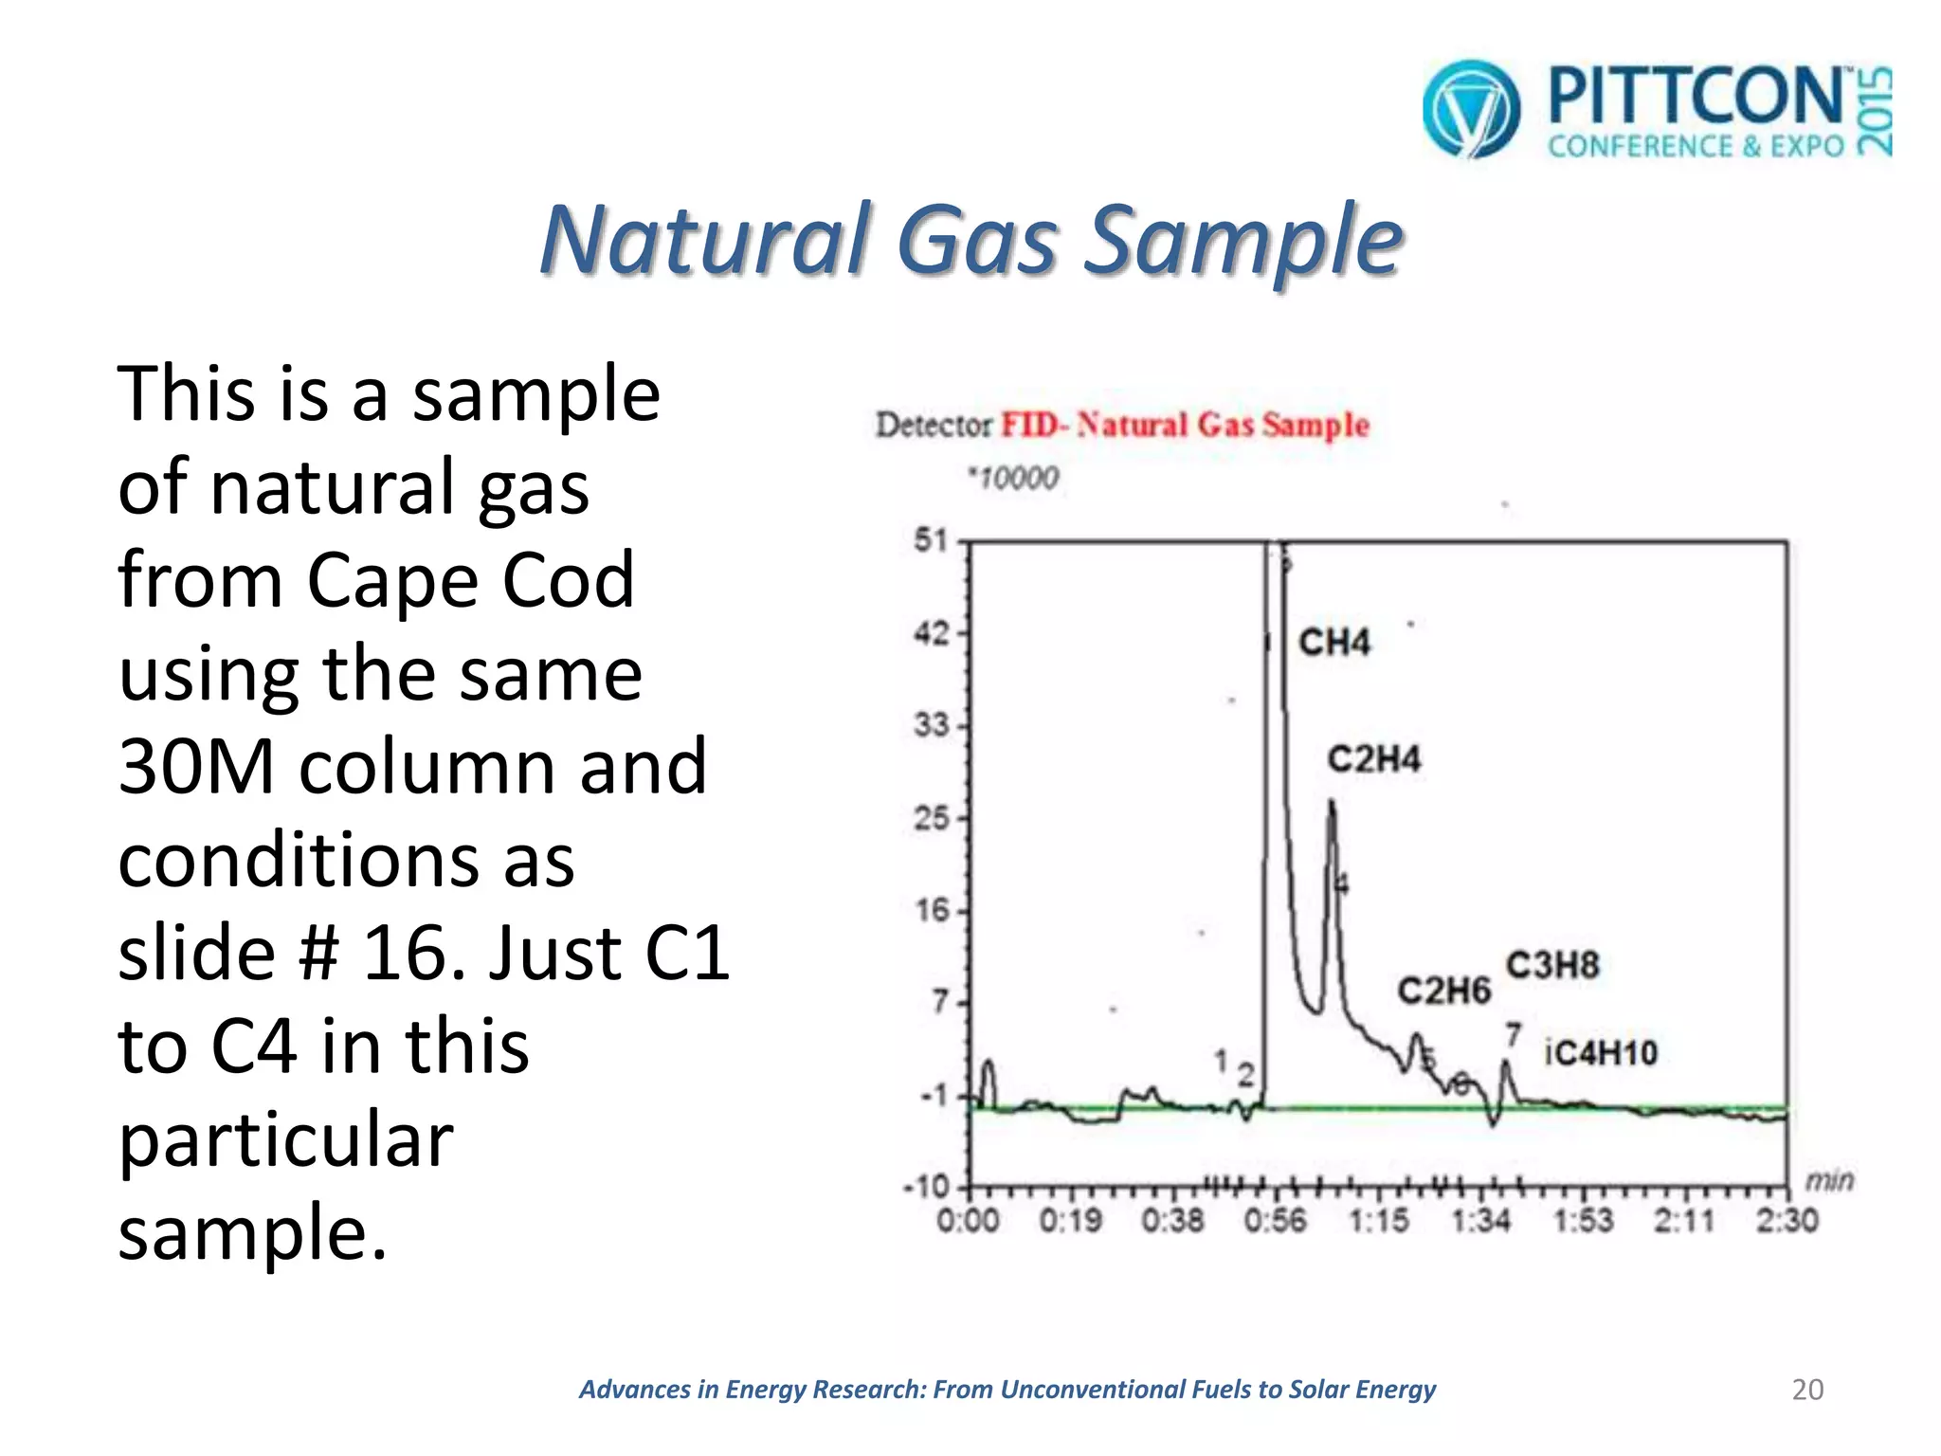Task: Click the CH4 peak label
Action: click(x=1333, y=643)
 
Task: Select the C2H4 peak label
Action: click(x=1373, y=759)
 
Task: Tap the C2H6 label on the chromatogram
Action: click(x=1443, y=992)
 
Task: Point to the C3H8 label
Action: click(x=1552, y=966)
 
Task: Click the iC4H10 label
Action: click(x=1601, y=1053)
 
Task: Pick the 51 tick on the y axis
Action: click(x=931, y=541)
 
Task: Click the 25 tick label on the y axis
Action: click(x=931, y=818)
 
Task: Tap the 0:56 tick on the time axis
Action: click(x=1275, y=1221)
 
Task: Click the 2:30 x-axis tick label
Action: click(x=1787, y=1221)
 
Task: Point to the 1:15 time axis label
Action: click(x=1378, y=1221)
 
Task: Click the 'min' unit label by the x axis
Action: click(x=1828, y=1181)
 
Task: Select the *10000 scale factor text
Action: click(x=1012, y=478)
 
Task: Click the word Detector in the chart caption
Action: click(x=934, y=425)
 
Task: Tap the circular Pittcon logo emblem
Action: click(x=1471, y=109)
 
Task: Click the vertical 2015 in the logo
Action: click(x=1874, y=111)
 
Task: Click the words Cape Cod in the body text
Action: click(x=470, y=579)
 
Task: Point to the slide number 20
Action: click(x=1807, y=1390)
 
